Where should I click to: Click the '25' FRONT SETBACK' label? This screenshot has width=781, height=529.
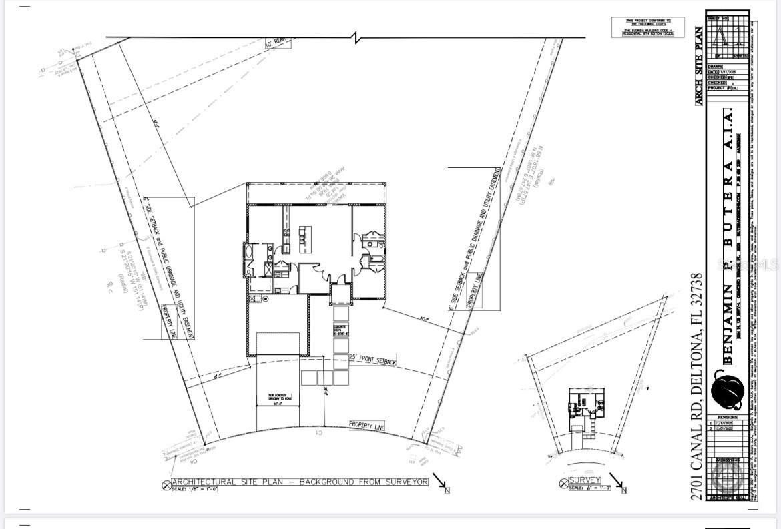373,359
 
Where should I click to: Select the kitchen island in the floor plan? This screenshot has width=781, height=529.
304,235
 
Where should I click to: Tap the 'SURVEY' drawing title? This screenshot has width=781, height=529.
585,480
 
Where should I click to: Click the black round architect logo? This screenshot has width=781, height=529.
727,392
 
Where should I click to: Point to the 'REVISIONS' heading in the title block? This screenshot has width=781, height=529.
727,416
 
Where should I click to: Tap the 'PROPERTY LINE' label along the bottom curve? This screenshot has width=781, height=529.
366,425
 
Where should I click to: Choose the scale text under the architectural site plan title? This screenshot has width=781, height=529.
195,489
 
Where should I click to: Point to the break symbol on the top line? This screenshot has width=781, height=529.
358,37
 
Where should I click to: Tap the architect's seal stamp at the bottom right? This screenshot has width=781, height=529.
726,475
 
